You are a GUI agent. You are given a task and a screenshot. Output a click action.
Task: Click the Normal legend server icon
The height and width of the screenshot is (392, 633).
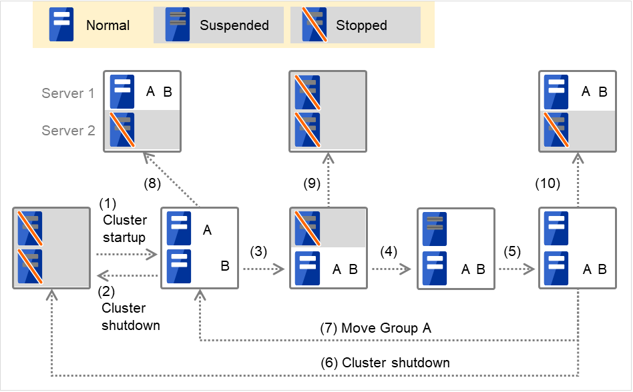tap(62, 25)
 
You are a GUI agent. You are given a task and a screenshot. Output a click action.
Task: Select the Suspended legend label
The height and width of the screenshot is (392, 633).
tap(234, 26)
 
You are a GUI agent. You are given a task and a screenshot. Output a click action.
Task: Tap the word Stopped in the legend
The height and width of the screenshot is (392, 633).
tap(361, 26)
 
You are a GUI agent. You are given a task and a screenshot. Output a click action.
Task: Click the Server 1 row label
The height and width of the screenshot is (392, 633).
tap(68, 93)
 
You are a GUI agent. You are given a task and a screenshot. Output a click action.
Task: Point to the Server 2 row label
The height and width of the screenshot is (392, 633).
tap(68, 131)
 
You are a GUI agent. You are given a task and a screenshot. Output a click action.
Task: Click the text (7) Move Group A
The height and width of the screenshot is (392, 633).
tap(376, 328)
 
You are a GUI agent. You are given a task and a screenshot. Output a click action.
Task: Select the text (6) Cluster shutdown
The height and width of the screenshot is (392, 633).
tap(386, 363)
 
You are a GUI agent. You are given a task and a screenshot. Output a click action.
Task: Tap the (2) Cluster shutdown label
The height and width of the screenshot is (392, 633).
tap(130, 308)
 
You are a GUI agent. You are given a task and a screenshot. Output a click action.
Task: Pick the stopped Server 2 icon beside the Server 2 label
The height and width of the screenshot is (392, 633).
tap(122, 130)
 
